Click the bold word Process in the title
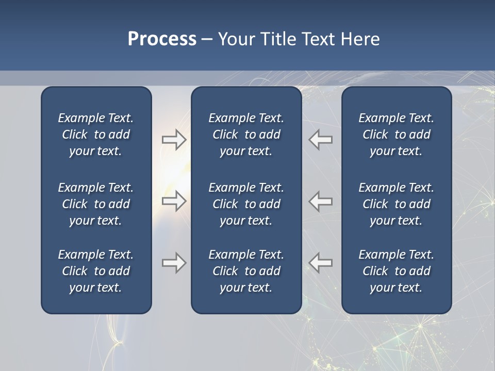[162, 39]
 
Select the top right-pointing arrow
[174, 140]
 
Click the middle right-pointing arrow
[174, 201]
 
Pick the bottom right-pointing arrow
[174, 263]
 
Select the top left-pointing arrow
[321, 140]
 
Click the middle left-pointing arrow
[321, 201]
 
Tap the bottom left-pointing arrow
[321, 263]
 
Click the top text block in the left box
[96, 134]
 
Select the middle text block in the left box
[96, 204]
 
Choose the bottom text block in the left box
[96, 271]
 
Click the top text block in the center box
[246, 134]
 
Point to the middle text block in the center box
[246, 204]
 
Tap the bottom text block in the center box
[246, 271]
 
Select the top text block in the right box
[397, 134]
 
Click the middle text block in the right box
[397, 204]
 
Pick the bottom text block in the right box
[397, 271]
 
